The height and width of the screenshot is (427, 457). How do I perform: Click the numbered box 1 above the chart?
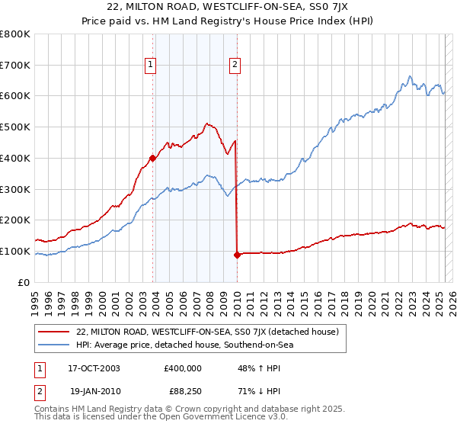point(152,65)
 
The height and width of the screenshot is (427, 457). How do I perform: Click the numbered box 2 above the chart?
point(236,65)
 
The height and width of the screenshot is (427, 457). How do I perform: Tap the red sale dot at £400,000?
point(153,158)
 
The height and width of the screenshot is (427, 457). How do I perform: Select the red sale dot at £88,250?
point(237,255)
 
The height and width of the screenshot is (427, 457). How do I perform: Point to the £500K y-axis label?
point(15,127)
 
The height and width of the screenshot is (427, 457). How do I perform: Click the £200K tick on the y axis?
point(15,220)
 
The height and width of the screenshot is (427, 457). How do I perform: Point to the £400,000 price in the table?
point(183,368)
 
